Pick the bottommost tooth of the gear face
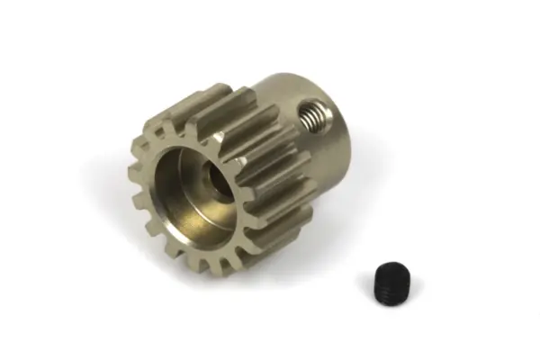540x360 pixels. (x=204, y=266)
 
